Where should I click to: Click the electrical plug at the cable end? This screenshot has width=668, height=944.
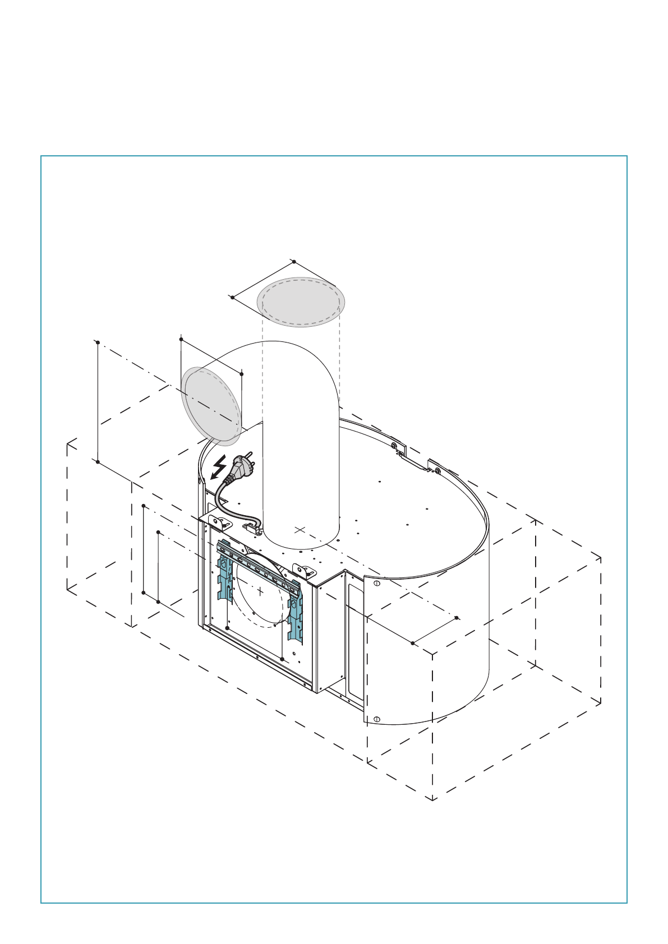tap(241, 466)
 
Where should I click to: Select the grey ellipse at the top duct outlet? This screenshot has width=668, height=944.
tap(301, 302)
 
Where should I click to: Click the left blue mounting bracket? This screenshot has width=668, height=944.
tap(225, 572)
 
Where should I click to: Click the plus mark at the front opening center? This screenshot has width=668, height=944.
tap(260, 591)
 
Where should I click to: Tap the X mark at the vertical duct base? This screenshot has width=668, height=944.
tap(300, 529)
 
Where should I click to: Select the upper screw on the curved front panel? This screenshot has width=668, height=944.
tap(376, 584)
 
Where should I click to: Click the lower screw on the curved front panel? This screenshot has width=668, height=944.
tap(376, 719)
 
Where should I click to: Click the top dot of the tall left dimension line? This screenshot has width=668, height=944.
tap(98, 342)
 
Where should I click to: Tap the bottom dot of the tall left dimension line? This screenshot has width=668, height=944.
tap(98, 462)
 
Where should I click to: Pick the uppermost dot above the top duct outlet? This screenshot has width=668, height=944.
tap(294, 262)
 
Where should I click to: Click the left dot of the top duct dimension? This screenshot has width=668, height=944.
tap(232, 297)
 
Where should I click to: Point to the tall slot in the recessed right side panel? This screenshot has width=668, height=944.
tap(354, 639)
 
